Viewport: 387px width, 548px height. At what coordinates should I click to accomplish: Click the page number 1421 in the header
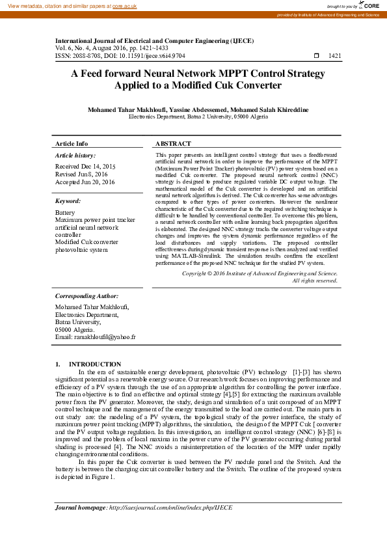coord(335,56)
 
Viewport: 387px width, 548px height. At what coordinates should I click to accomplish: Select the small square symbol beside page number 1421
coord(317,56)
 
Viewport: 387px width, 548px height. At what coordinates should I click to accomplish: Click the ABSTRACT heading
coord(173,143)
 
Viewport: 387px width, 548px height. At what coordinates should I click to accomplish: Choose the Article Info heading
coord(72,143)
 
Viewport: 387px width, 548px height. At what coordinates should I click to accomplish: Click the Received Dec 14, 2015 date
coord(85,167)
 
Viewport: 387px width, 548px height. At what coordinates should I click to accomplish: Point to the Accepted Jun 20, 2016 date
coord(85,182)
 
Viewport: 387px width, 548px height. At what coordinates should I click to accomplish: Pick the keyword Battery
coord(65,213)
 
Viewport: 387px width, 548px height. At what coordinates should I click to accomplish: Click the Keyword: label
coord(68,201)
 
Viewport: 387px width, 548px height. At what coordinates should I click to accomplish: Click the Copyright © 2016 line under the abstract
coord(260,274)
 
